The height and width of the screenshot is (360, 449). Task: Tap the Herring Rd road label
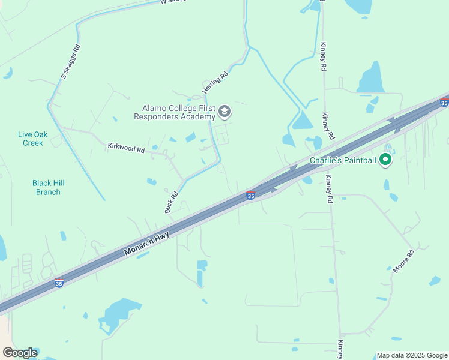click(216, 81)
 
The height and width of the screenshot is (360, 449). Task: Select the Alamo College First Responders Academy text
click(178, 112)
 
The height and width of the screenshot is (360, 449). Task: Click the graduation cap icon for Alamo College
click(224, 112)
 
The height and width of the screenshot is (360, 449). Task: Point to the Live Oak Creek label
click(32, 139)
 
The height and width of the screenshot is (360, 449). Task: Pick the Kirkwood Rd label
click(126, 148)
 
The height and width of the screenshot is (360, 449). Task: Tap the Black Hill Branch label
click(48, 187)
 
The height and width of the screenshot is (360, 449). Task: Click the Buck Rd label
click(172, 202)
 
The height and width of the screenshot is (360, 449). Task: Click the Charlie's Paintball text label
click(342, 160)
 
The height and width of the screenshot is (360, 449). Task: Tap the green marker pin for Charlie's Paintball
click(386, 160)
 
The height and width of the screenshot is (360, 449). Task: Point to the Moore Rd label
click(403, 262)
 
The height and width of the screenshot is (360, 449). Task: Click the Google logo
click(20, 353)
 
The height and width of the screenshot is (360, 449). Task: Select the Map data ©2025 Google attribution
click(411, 355)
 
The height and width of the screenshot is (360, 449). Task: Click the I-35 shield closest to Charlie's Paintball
click(444, 103)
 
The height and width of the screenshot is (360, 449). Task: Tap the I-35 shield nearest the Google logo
click(59, 283)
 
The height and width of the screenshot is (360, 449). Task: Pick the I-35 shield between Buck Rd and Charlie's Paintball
click(251, 196)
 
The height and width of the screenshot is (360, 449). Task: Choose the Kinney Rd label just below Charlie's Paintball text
click(329, 187)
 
